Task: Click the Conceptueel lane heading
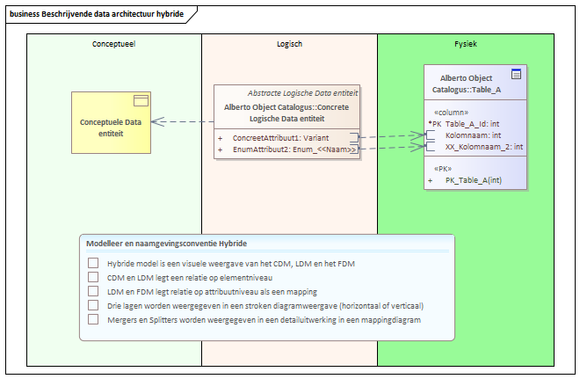pyautogui.click(x=114, y=44)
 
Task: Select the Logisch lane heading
pyautogui.click(x=290, y=44)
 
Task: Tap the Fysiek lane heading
pyautogui.click(x=466, y=44)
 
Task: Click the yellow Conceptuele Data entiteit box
pyautogui.click(x=111, y=122)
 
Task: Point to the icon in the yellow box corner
pyautogui.click(x=141, y=100)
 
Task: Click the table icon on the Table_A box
pyautogui.click(x=517, y=74)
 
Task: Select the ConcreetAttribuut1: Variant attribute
pyautogui.click(x=280, y=138)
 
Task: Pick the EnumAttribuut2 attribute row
pyautogui.click(x=294, y=149)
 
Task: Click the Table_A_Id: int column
pyautogui.click(x=473, y=124)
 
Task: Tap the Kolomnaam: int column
pyautogui.click(x=473, y=135)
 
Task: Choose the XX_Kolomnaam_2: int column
pyautogui.click(x=484, y=147)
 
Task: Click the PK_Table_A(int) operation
pyautogui.click(x=474, y=180)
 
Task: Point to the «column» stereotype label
pyautogui.click(x=452, y=113)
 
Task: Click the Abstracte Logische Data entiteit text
pyautogui.click(x=302, y=93)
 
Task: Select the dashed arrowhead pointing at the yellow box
pyautogui.click(x=158, y=121)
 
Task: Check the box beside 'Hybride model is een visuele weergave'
pyautogui.click(x=93, y=263)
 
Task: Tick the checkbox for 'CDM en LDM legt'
pyautogui.click(x=93, y=277)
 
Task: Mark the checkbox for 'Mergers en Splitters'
pyautogui.click(x=93, y=319)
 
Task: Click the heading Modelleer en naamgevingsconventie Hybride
pyautogui.click(x=166, y=244)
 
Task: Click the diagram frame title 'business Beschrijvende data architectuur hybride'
pyautogui.click(x=97, y=14)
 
